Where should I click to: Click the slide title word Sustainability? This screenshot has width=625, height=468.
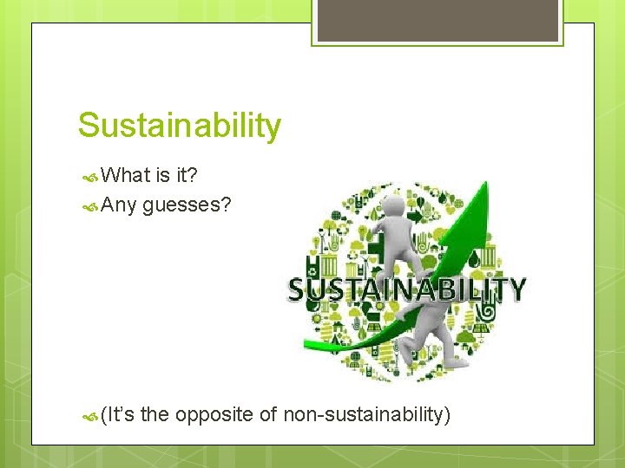180,126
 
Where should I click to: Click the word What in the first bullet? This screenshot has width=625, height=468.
126,175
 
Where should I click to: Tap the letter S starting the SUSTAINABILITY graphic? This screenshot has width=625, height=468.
298,289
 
